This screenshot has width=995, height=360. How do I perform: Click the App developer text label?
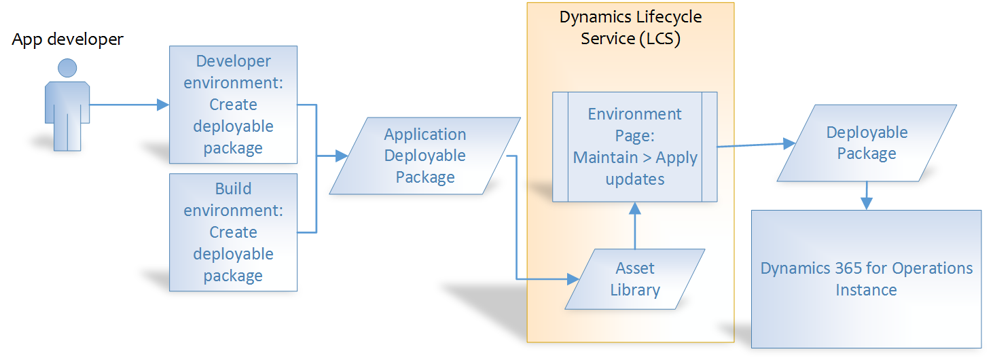click(x=67, y=39)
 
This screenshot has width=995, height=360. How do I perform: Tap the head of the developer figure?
click(x=67, y=69)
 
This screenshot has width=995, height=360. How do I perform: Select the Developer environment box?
click(x=233, y=105)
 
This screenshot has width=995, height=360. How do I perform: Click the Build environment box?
click(x=233, y=232)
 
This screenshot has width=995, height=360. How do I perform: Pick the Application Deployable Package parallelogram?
click(x=425, y=156)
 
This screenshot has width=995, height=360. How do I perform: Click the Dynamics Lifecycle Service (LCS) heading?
click(x=630, y=28)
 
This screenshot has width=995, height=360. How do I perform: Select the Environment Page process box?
click(x=635, y=147)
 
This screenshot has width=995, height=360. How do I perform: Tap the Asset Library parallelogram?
click(x=635, y=279)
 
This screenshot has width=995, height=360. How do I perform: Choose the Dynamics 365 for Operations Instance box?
click(x=866, y=279)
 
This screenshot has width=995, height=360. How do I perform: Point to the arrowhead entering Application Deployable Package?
click(x=342, y=156)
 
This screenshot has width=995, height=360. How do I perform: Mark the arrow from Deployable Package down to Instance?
click(x=866, y=196)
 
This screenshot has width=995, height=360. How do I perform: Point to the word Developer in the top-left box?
click(x=233, y=61)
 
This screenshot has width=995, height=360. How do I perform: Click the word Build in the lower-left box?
click(x=233, y=189)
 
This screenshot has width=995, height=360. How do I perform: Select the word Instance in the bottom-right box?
click(x=866, y=290)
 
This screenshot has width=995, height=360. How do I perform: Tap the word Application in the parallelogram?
click(x=425, y=134)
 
